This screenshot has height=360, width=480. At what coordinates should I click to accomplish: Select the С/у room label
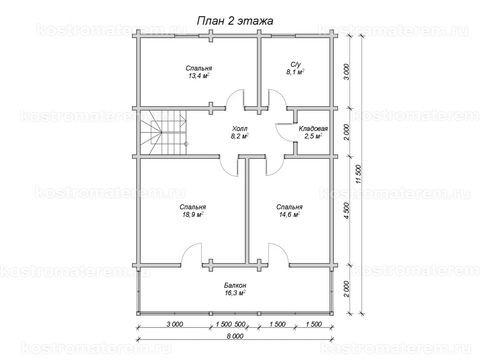click(296, 64)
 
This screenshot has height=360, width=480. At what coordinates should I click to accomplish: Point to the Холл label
click(240, 128)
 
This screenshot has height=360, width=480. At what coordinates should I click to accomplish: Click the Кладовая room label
click(313, 129)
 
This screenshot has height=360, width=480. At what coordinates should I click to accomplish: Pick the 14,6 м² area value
click(289, 215)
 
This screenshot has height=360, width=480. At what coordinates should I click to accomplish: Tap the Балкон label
click(235, 285)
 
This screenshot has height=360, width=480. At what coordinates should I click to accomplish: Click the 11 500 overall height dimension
click(359, 174)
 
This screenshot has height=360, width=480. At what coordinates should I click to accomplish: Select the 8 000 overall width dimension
click(235, 336)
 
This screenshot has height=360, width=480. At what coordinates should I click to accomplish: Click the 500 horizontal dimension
click(240, 324)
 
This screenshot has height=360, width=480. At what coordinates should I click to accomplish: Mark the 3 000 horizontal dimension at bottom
click(174, 324)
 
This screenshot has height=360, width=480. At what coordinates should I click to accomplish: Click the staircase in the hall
click(163, 132)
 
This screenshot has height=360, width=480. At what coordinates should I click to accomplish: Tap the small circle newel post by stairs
click(186, 144)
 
